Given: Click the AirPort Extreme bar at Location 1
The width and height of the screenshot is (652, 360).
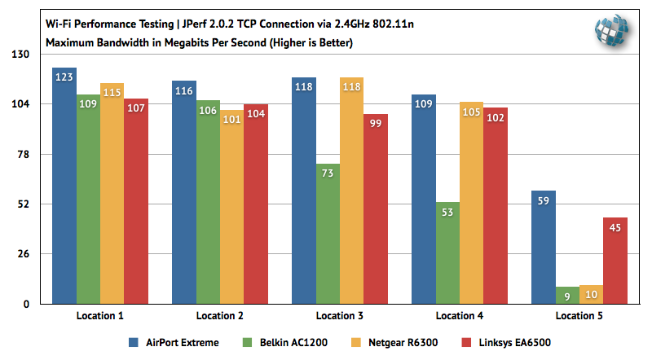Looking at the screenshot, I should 64,187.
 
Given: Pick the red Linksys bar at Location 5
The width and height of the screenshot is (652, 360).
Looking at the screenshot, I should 615,261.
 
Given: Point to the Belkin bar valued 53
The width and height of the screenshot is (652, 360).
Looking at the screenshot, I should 447,253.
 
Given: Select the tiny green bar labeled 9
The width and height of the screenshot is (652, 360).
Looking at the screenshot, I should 567,295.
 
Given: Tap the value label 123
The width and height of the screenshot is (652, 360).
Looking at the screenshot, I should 64,77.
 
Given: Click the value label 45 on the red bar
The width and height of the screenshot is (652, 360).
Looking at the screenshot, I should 615,227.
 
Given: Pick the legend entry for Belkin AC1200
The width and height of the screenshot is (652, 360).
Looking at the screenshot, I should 284,342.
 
